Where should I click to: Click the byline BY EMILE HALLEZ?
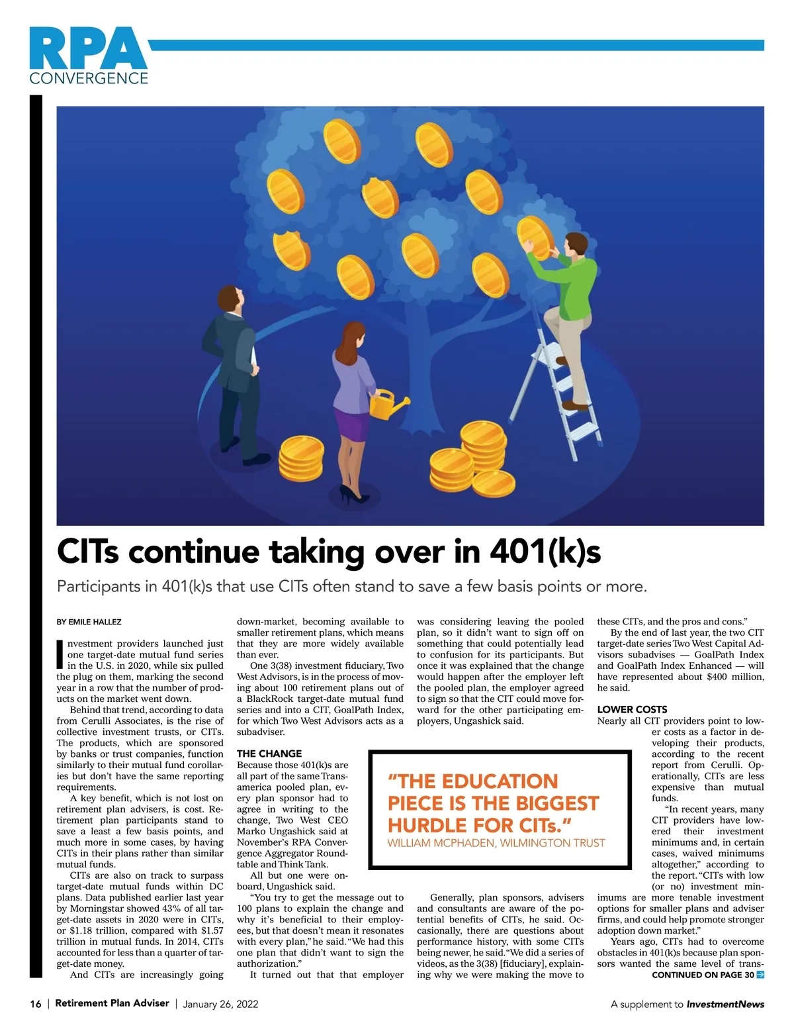pos(89,622)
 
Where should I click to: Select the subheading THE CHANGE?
pos(269,754)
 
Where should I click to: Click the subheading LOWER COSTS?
pos(632,709)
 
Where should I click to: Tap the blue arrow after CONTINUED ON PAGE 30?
pos(760,975)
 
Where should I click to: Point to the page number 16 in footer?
pos(36,1004)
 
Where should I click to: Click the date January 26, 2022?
pos(220,1004)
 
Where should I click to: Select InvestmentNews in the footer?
pos(725,1004)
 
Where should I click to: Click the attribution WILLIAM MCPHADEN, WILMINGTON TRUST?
pos(496,843)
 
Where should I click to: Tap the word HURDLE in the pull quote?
pos(427,825)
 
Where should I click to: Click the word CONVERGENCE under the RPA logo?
pos(89,78)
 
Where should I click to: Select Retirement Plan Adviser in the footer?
pos(112,1003)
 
